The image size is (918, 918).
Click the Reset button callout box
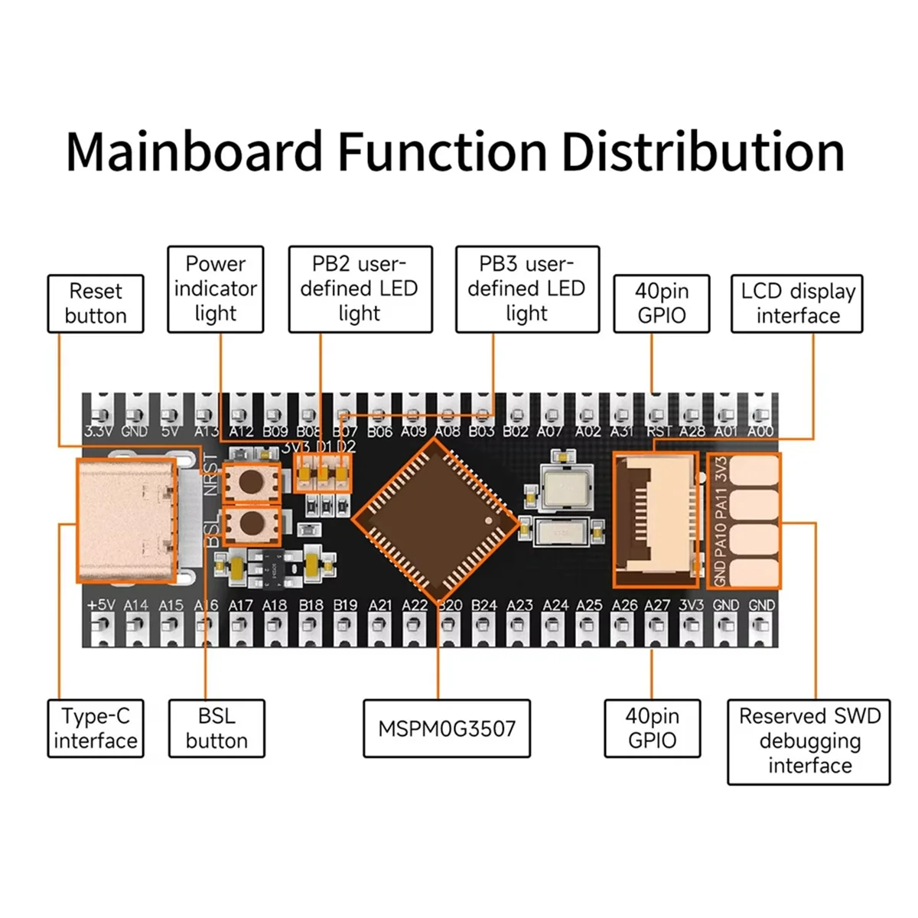tap(96, 304)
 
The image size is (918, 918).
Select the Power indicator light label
tap(215, 289)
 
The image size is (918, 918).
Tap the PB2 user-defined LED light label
tap(360, 289)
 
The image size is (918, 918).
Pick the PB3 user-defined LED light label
tap(527, 289)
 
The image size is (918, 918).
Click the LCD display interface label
tap(796, 304)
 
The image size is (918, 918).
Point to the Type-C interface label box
tap(96, 728)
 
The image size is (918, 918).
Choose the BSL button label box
tap(216, 728)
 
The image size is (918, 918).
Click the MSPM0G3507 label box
tap(447, 728)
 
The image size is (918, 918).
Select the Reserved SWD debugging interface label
tap(809, 741)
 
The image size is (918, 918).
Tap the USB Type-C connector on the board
tap(126, 520)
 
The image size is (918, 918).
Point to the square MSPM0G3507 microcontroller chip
tap(435, 519)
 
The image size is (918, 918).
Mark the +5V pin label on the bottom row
tap(100, 605)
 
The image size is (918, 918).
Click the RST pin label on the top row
tap(659, 431)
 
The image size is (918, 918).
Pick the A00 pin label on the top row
tap(760, 431)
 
